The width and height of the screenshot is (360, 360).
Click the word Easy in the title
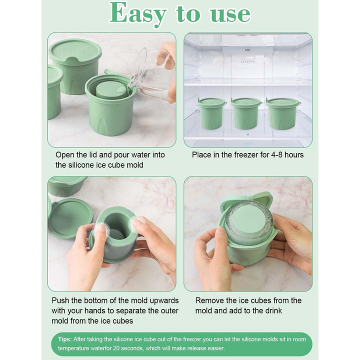click(x=138, y=14)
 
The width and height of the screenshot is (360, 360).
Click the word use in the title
click(x=230, y=14)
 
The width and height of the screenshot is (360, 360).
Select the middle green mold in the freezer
click(x=245, y=113)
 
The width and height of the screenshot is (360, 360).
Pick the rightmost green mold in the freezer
click(x=282, y=113)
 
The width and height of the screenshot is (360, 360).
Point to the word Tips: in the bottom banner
click(x=64, y=339)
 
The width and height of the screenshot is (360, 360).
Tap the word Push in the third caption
click(x=60, y=300)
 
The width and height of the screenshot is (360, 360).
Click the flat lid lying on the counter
click(x=70, y=218)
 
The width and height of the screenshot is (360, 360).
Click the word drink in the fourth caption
click(x=273, y=310)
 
